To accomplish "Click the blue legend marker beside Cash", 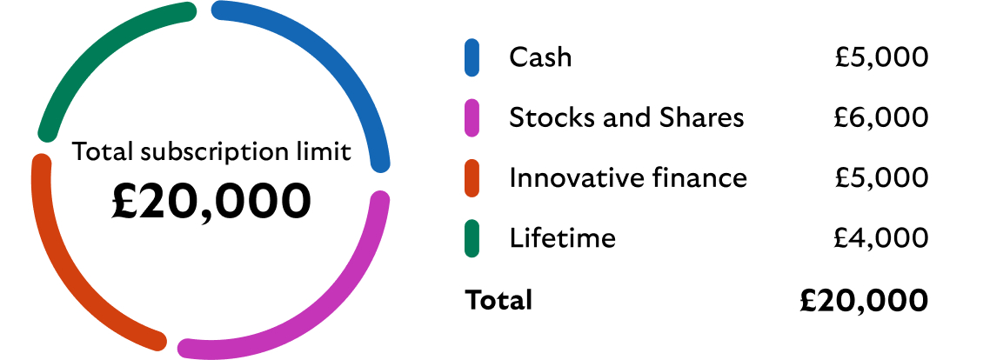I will (472, 57).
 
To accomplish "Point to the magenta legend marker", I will (472, 117).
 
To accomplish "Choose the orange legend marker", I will (472, 177).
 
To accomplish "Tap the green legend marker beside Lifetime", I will (472, 238).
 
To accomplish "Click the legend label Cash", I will (540, 57).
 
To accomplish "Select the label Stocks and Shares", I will (626, 117).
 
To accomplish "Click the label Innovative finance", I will (627, 178).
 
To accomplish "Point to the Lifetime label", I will (562, 238).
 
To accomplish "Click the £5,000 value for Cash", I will (882, 57).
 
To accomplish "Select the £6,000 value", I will (882, 117).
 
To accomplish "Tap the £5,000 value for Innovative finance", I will (882, 178).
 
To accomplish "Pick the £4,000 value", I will (882, 238).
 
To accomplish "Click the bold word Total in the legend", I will (498, 300).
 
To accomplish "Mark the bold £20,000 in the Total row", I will (864, 300).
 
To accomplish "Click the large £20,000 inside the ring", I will (211, 201).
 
